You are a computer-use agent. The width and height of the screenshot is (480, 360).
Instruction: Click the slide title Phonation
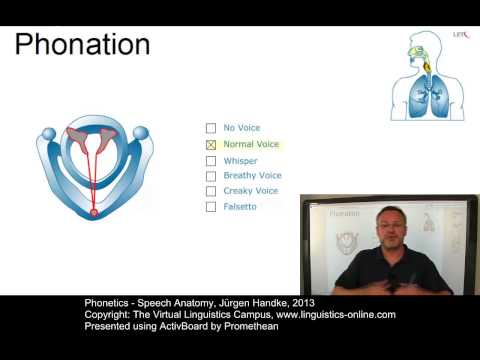pos(83,46)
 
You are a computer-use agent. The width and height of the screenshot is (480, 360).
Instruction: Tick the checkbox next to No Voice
pos(210,128)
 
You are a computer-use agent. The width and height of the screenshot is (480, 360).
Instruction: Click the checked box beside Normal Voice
pos(210,144)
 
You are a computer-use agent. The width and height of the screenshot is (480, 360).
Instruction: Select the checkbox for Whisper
pos(210,160)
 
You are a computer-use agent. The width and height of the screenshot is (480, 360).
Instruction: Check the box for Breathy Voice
pos(210,175)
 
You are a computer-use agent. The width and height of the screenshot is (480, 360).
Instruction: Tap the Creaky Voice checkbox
pos(210,191)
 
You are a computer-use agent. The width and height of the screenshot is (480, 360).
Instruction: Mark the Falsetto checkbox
pos(210,207)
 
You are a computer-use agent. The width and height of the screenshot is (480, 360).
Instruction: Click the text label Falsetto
pos(240,207)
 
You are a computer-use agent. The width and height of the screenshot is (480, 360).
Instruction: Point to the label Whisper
pos(239,160)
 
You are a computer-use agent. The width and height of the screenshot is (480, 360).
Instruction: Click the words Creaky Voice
pos(251,191)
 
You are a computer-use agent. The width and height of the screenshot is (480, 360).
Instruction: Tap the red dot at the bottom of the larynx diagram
pos(94,212)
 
